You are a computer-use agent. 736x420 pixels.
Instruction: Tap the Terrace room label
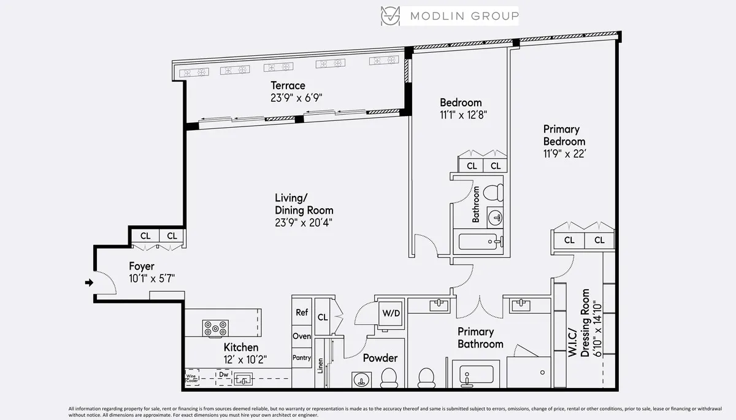[x=288, y=85]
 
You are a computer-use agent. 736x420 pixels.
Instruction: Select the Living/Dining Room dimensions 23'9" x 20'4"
[x=304, y=223]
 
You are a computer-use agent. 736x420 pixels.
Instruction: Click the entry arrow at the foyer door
[x=88, y=282]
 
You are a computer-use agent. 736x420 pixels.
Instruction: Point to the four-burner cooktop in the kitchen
[x=215, y=328]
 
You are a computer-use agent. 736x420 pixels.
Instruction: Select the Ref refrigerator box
[x=302, y=313]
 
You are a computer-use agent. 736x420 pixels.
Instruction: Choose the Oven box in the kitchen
[x=302, y=336]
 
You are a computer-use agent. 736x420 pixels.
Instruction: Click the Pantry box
[x=302, y=358]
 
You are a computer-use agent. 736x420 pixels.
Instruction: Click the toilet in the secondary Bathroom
[x=493, y=193]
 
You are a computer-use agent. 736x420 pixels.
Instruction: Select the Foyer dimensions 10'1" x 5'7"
[x=151, y=278]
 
